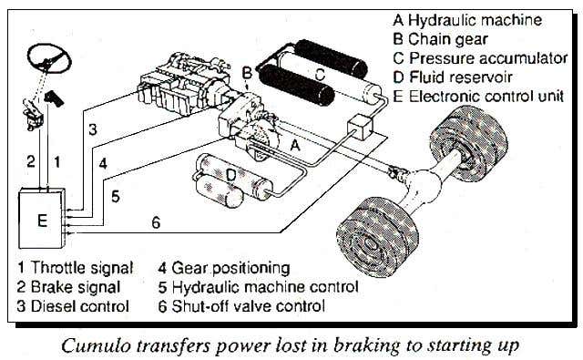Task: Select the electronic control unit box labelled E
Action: click(x=42, y=219)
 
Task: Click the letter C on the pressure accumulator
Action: click(x=320, y=74)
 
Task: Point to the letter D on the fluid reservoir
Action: click(x=230, y=174)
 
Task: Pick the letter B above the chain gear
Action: click(x=247, y=73)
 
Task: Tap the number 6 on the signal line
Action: click(x=156, y=222)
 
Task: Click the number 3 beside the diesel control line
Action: click(x=93, y=129)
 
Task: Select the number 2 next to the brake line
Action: click(x=31, y=161)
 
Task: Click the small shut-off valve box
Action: click(x=360, y=128)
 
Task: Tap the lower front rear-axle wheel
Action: click(x=373, y=237)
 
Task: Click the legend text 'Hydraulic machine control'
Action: click(x=265, y=287)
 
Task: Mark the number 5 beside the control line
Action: click(x=116, y=196)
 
